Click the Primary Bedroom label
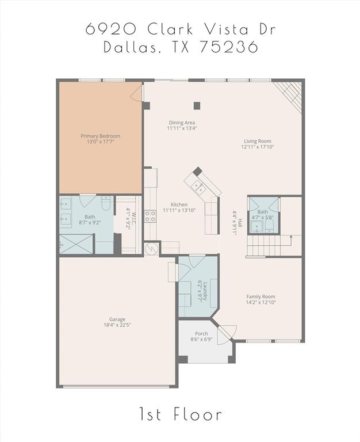point(101,136)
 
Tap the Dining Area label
point(181,122)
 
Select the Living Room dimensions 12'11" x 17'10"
point(257,147)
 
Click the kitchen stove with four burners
point(150,216)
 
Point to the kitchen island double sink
point(198,185)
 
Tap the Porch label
point(201,334)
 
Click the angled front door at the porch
point(227,333)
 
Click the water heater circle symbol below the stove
point(152,249)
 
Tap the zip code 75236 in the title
point(228,47)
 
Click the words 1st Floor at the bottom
point(180,414)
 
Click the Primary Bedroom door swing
point(137,92)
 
